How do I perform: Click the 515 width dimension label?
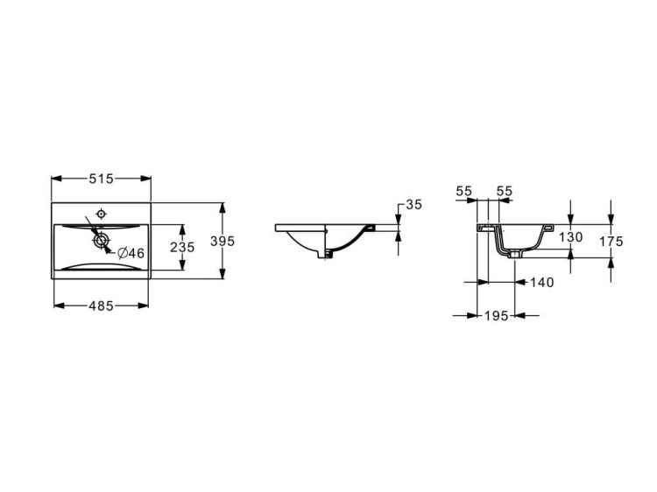[101, 179]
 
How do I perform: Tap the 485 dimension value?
[101, 306]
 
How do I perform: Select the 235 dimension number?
[182, 248]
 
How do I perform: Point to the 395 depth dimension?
[223, 241]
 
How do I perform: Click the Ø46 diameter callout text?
[131, 253]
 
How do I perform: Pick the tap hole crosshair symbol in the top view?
[101, 214]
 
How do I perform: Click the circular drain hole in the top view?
[101, 241]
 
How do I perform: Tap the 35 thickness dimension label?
[414, 205]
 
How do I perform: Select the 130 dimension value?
[570, 237]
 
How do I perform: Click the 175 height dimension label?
[611, 241]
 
